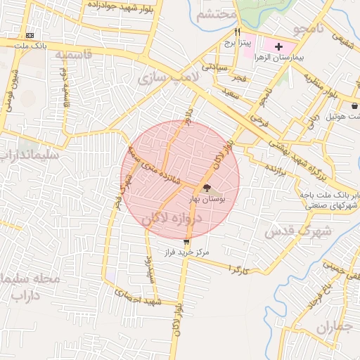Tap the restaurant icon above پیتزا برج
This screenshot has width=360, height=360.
[x=238, y=32]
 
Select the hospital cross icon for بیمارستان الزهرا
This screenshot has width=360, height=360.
[x=279, y=46]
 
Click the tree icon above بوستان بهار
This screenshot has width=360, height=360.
[x=206, y=188]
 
